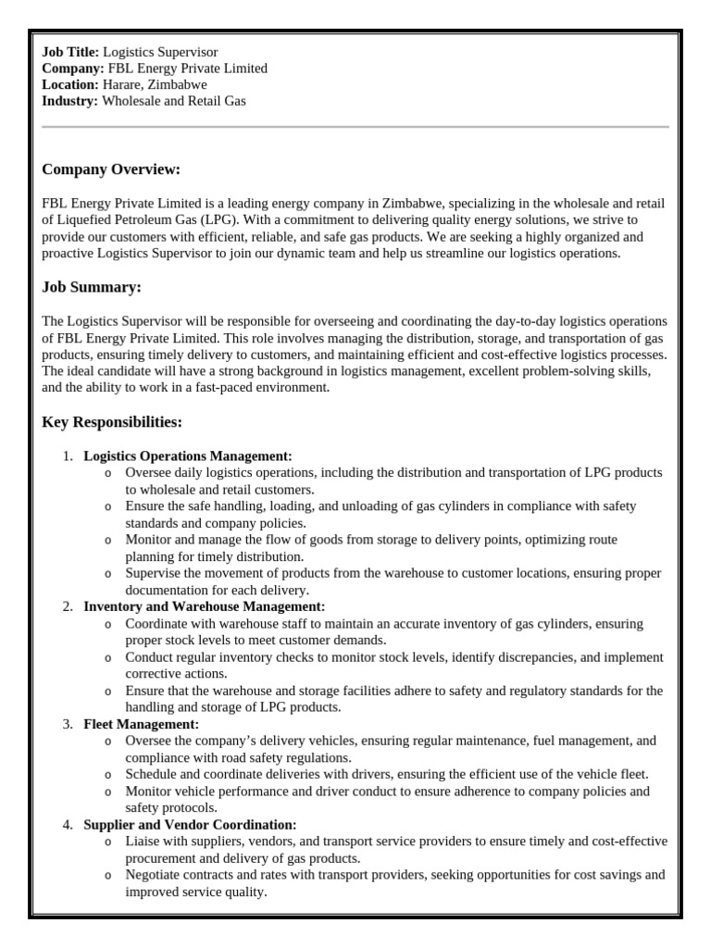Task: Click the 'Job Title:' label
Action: coord(70,53)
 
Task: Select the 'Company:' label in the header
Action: coord(73,69)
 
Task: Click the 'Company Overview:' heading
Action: coord(111,169)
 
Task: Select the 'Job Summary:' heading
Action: coord(92,287)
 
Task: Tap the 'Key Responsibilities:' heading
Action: coord(112,422)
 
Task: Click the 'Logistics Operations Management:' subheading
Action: coord(188,455)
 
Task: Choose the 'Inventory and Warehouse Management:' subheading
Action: coord(205,606)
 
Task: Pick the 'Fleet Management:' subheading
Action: coord(142,724)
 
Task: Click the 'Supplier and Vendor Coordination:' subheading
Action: coord(190,824)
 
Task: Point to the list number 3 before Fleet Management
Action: coord(68,724)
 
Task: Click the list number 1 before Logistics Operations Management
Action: coord(68,455)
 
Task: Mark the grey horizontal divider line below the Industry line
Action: coord(355,127)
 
